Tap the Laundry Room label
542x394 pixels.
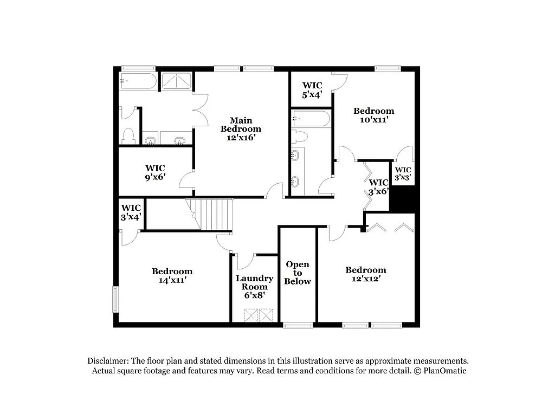pyautogui.click(x=254, y=282)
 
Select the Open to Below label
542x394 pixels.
pyautogui.click(x=298, y=273)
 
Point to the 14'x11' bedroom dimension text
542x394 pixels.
pyautogui.click(x=172, y=281)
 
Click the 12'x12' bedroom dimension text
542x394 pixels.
pyautogui.click(x=366, y=279)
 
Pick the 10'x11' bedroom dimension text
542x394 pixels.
pyautogui.click(x=373, y=120)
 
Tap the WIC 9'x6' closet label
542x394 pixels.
pyautogui.click(x=155, y=172)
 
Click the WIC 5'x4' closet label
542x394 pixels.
pyautogui.click(x=312, y=89)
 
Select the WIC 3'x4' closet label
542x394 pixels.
pyautogui.click(x=131, y=212)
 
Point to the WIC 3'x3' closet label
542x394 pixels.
pyautogui.click(x=403, y=173)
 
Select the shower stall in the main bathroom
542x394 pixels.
pyautogui.click(x=177, y=81)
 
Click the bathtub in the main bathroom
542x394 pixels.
pyautogui.click(x=138, y=81)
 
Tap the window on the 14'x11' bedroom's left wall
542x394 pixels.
pyautogui.click(x=115, y=299)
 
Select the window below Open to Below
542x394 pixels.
pyautogui.click(x=298, y=325)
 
